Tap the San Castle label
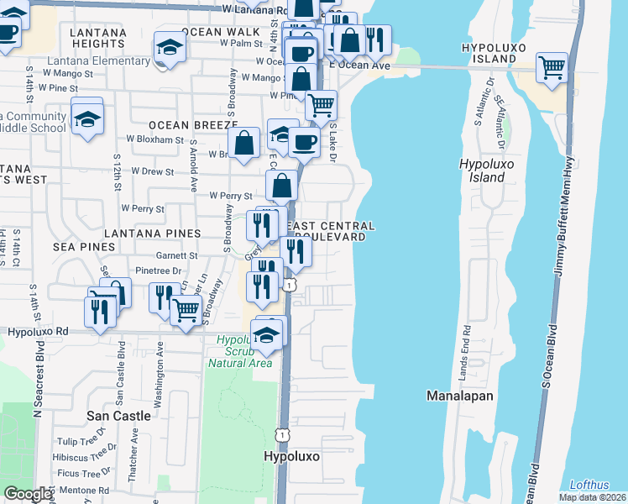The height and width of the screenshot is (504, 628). (x=120, y=416)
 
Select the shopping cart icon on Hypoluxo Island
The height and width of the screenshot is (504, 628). (x=552, y=67)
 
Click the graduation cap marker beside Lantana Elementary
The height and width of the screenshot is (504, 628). (x=170, y=48)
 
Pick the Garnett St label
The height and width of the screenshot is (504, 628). (x=176, y=255)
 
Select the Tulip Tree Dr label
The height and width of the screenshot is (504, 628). (x=81, y=441)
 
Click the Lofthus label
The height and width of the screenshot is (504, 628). (x=590, y=485)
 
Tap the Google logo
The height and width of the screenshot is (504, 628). (x=29, y=494)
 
